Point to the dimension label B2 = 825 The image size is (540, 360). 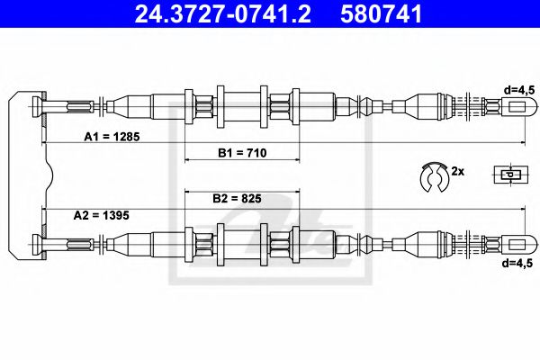coord(242,198)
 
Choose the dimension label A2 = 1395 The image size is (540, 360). coord(106,215)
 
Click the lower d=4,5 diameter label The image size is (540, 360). coord(519,263)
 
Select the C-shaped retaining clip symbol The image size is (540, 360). coord(433,176)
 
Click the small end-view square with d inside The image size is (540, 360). coord(509,175)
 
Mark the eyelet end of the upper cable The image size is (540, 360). coord(517,106)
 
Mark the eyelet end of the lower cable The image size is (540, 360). coord(517,242)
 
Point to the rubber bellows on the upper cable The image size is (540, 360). coord(369,106)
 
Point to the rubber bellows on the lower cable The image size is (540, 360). coord(369,242)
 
